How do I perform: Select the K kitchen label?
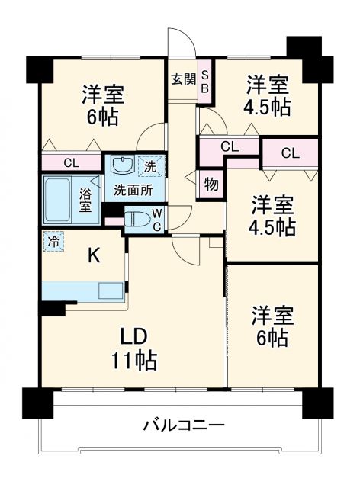93,256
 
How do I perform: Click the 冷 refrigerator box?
53,239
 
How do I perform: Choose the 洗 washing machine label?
150,164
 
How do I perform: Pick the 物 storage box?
211,184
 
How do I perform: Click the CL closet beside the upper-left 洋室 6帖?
71,162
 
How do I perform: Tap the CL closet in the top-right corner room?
290,152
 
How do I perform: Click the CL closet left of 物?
228,146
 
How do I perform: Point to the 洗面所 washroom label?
133,189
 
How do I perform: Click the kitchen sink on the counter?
111,291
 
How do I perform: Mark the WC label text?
156,217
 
